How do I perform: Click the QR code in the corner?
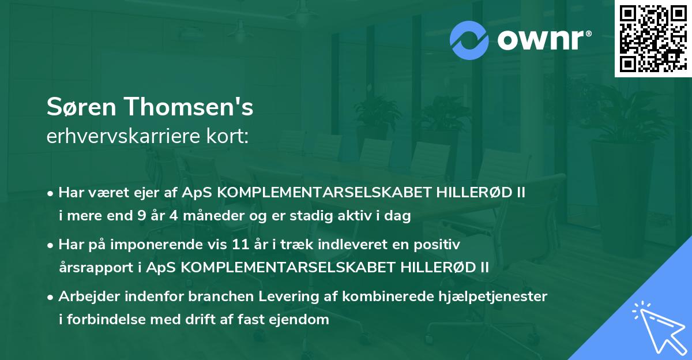pyautogui.click(x=653, y=38)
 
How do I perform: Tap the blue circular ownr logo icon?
pyautogui.click(x=470, y=40)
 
